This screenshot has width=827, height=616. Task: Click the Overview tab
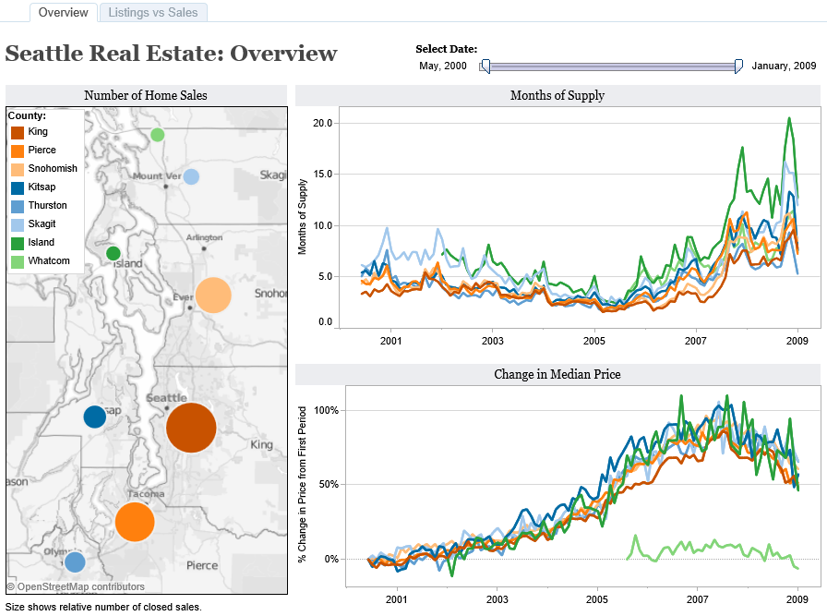[64, 12]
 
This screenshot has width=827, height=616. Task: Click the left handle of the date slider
[485, 66]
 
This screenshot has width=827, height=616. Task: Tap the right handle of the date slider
[738, 66]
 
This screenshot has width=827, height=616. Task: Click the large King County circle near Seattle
[191, 428]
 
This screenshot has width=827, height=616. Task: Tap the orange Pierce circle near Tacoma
[135, 522]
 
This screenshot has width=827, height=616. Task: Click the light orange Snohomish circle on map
[212, 295]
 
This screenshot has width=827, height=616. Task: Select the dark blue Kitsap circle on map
[94, 417]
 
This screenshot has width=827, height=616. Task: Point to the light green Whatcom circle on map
[158, 135]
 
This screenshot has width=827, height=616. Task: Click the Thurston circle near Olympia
[75, 561]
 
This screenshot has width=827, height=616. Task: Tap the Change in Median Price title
[557, 374]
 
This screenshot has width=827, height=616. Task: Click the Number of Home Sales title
[146, 95]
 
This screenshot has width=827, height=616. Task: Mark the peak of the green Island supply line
[789, 117]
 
